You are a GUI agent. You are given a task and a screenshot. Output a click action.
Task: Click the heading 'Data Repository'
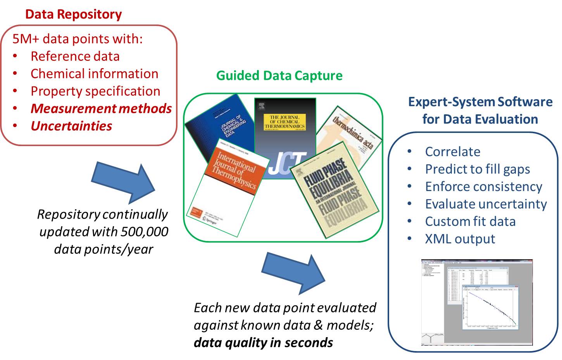click(73, 14)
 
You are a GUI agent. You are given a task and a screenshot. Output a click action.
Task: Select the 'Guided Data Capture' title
click(279, 75)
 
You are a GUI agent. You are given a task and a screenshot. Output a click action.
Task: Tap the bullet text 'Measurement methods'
click(101, 109)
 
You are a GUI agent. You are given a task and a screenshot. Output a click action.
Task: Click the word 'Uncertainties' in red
click(71, 126)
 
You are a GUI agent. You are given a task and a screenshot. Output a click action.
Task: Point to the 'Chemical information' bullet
click(94, 74)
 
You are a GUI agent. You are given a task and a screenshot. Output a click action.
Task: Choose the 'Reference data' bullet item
click(75, 56)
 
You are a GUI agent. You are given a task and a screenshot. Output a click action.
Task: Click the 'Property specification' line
click(95, 91)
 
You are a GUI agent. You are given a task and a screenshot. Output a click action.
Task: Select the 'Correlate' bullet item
click(452, 152)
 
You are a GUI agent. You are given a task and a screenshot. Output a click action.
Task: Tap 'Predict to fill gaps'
click(477, 169)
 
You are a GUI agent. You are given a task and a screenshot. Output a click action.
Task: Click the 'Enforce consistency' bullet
click(483, 186)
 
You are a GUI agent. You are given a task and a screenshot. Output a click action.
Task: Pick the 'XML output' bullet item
click(460, 239)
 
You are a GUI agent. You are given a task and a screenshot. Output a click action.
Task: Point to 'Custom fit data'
click(470, 221)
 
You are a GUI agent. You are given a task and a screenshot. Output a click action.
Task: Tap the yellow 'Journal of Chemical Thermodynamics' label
click(285, 122)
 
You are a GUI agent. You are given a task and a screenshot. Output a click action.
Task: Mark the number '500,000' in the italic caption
click(145, 231)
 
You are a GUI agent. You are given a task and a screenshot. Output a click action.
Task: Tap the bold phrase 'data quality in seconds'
click(263, 343)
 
